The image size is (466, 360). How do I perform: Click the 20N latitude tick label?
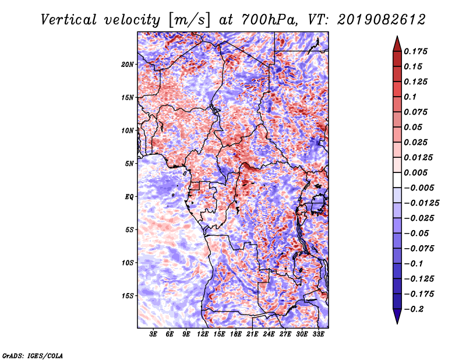(128, 64)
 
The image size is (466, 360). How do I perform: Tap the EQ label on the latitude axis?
(130, 197)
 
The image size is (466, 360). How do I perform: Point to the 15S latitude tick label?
(128, 296)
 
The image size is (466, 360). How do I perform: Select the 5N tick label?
(129, 164)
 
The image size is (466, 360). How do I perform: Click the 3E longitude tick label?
(154, 334)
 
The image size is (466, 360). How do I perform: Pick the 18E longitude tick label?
(236, 334)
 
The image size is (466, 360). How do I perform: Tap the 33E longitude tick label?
(318, 334)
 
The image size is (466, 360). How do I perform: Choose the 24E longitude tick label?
(269, 334)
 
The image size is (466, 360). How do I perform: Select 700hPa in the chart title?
(264, 20)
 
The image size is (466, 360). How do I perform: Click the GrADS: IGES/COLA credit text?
(33, 355)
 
